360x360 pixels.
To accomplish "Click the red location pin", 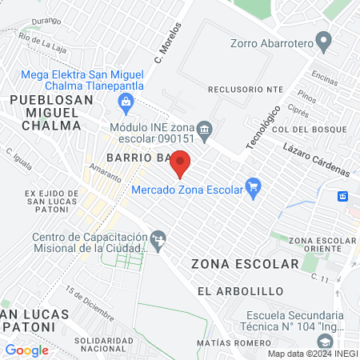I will [x=181, y=163].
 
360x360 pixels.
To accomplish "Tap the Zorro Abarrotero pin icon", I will [x=324, y=40].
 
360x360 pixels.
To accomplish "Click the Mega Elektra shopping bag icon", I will [x=125, y=102].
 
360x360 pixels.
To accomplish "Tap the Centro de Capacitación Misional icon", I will [x=159, y=238].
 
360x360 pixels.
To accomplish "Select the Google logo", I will [x=26, y=350].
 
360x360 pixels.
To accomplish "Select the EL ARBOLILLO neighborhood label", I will [x=229, y=290].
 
